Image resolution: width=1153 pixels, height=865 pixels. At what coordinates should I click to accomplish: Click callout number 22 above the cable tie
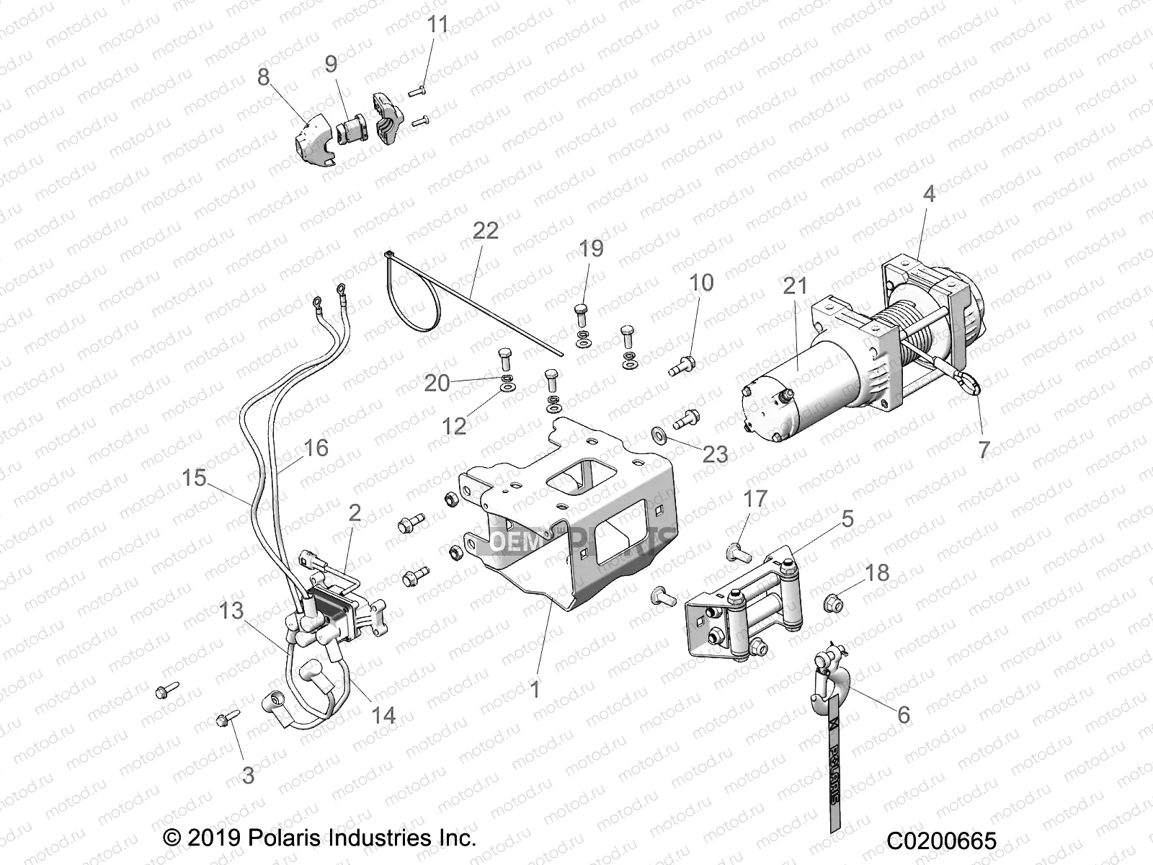click(x=485, y=231)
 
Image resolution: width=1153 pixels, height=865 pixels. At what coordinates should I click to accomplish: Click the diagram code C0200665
click(x=941, y=840)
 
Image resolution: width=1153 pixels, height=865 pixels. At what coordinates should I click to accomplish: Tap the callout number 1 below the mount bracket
click(x=535, y=689)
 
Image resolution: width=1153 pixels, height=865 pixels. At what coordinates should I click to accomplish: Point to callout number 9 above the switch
click(x=331, y=64)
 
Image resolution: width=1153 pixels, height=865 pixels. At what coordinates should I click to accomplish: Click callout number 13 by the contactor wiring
click(x=231, y=611)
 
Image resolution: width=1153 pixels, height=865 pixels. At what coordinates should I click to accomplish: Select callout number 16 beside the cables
click(x=315, y=448)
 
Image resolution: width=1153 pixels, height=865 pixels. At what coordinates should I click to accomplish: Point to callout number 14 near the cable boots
click(x=383, y=715)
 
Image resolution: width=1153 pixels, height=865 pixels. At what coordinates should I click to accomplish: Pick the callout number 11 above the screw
click(x=437, y=25)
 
